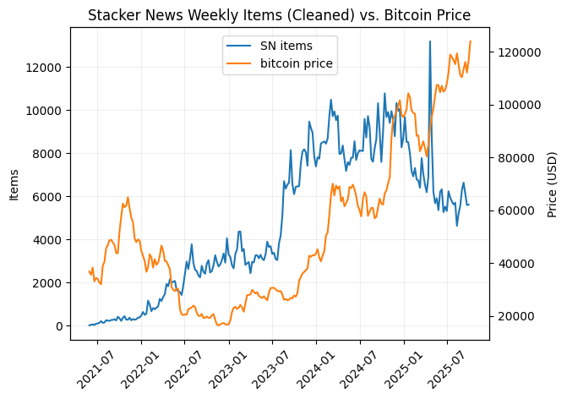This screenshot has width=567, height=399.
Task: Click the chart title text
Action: point(279,15)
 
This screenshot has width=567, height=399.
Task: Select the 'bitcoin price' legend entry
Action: point(296,63)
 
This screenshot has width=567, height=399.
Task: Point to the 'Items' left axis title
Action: point(14,184)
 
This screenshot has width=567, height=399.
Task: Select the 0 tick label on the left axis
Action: point(57,326)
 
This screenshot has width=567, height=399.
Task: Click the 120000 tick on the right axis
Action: point(518,52)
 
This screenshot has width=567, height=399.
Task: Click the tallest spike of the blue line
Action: point(430,41)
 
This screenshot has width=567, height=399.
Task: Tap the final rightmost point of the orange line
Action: point(470,41)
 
